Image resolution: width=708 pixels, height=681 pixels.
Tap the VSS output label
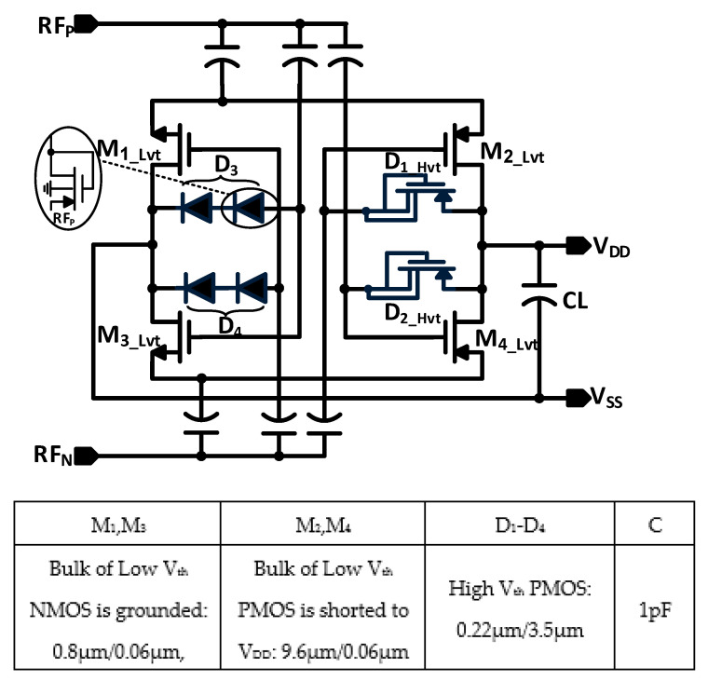[609, 399]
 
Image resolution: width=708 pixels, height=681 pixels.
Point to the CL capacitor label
[580, 300]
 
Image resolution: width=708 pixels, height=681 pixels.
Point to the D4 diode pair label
[226, 323]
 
